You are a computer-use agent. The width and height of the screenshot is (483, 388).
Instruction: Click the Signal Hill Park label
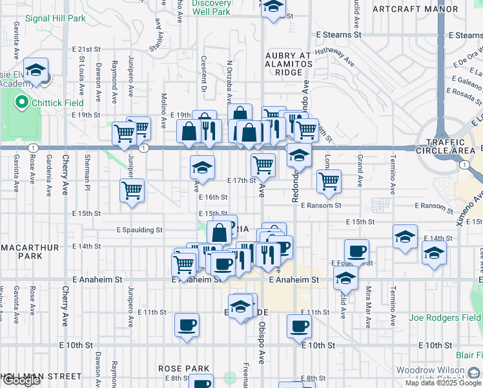(55, 18)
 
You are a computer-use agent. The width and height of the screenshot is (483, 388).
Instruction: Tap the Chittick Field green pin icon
(21, 102)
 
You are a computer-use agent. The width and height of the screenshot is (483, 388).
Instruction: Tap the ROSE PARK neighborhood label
(185, 368)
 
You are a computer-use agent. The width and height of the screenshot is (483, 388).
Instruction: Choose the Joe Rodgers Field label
(445, 318)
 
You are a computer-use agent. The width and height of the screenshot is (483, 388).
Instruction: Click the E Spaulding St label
(139, 230)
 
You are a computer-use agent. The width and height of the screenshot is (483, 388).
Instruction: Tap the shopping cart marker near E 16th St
(132, 190)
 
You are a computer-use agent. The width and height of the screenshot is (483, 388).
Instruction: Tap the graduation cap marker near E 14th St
(404, 237)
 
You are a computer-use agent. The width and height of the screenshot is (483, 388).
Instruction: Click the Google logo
(21, 380)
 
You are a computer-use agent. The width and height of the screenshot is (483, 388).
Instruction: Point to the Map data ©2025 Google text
(444, 383)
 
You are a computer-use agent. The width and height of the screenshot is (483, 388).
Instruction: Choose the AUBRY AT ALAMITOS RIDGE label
(289, 64)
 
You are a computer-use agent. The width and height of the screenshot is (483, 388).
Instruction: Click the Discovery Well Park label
(211, 8)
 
